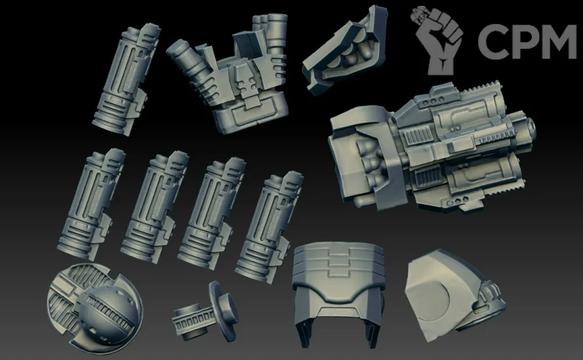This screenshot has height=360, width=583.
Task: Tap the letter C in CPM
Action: click(493, 41)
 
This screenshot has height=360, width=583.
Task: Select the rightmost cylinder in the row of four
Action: click(269, 227)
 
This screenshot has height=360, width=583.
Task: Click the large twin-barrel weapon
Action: click(431, 149)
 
